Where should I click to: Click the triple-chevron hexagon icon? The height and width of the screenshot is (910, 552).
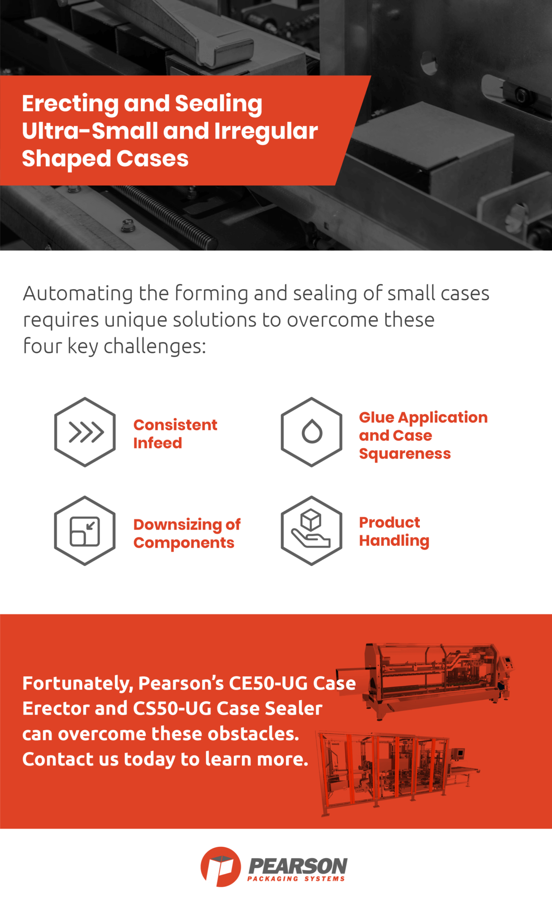point(85,432)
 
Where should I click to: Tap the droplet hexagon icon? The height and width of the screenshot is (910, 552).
point(311,432)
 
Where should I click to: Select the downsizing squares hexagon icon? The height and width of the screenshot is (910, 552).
point(85,531)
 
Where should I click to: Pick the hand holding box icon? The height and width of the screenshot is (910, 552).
point(311,531)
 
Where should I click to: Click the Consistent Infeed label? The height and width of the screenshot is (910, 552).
point(175,434)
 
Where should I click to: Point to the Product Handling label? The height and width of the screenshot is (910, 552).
point(394,531)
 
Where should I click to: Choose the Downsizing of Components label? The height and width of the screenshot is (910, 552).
point(187,533)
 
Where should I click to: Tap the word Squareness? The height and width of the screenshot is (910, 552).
point(405,454)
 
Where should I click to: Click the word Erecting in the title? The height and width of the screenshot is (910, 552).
point(70,104)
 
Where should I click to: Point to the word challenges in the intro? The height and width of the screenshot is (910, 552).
point(155,347)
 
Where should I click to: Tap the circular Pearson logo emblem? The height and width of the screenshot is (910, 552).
point(220,866)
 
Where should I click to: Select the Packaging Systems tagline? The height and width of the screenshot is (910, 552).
point(296,878)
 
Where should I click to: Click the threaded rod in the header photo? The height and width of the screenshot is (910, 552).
point(169,216)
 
